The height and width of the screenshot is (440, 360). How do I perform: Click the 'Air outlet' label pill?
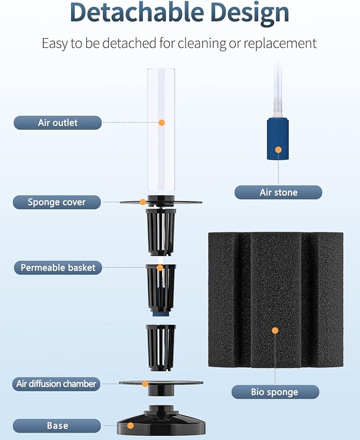point(57,122)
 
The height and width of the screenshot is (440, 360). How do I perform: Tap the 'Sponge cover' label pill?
point(57,202)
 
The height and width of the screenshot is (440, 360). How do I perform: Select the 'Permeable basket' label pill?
point(58,267)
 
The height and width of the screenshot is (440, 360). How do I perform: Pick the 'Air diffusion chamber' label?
point(56,384)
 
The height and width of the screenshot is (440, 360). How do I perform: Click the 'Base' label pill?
point(57,426)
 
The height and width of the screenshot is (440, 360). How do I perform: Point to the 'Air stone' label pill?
point(278,192)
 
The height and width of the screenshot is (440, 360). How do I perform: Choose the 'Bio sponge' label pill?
point(275,392)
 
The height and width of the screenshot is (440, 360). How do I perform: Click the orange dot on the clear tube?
point(162,122)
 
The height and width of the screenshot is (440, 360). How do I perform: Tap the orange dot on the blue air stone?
point(278,150)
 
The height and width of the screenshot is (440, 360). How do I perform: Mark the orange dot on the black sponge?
point(275,331)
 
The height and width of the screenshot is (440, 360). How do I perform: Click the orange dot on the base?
point(130,426)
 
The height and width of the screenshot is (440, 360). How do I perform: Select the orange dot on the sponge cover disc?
point(143,202)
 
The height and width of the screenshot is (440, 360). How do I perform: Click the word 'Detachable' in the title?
point(137,13)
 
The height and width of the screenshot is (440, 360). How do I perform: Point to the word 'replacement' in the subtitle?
point(280,44)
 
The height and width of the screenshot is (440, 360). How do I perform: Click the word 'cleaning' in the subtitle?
point(202,44)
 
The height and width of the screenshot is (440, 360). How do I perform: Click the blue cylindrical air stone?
point(278,139)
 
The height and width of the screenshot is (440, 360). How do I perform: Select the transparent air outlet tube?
point(161,129)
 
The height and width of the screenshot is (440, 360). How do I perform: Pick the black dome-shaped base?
point(161,423)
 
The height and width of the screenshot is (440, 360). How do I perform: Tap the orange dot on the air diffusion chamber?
point(145,384)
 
